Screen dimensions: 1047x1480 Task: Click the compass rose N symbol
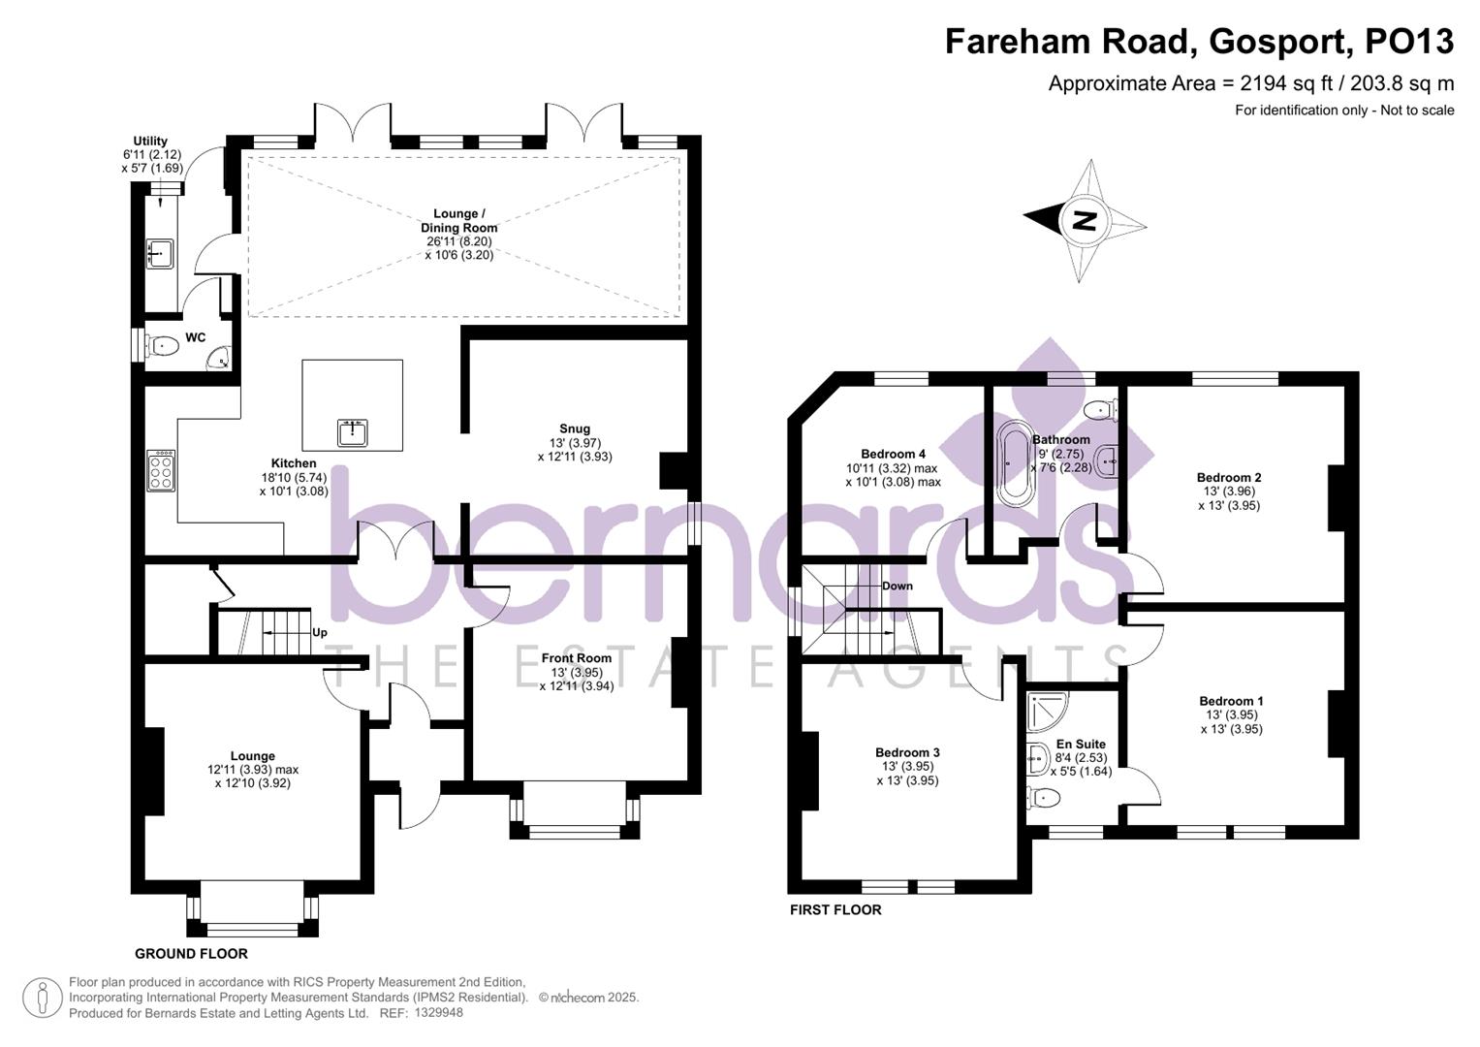coord(1085,220)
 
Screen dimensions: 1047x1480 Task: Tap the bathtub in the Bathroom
coord(1017,462)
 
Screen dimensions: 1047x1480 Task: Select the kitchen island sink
coord(352,432)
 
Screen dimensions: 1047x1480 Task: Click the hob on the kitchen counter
coord(161,470)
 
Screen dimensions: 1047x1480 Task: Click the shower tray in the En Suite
coord(1048,712)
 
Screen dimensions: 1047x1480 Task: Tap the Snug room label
coord(574,428)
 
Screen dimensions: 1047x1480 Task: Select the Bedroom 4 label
coord(893,454)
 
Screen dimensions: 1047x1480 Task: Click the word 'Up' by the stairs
coord(320,632)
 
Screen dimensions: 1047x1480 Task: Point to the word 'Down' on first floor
coord(897,586)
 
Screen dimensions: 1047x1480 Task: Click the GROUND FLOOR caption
coord(191,953)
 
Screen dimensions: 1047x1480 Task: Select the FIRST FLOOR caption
coord(835,909)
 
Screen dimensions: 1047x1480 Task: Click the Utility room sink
coord(160,254)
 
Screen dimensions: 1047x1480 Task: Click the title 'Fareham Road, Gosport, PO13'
coord(1199,42)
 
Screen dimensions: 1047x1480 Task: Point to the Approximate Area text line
coord(1250,83)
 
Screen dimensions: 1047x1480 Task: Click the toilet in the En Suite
coord(1044,798)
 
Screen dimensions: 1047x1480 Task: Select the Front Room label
coord(577,658)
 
